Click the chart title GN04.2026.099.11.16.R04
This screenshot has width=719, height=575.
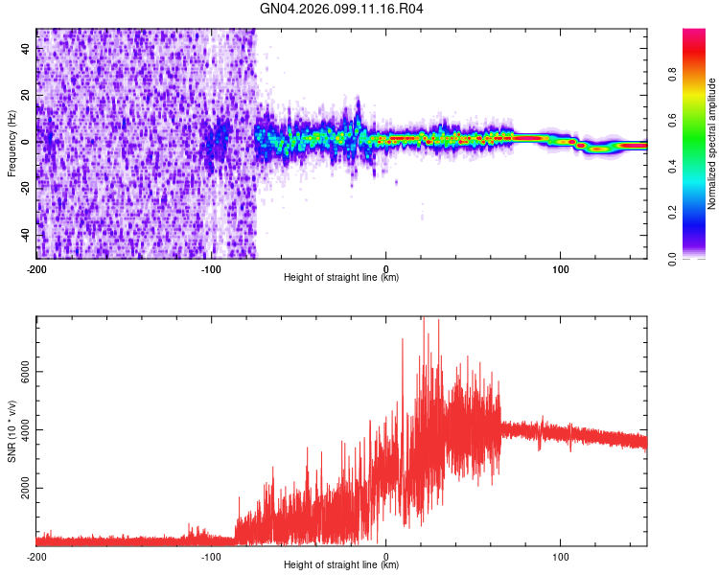[x=341, y=9]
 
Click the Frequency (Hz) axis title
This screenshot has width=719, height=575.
[x=12, y=145]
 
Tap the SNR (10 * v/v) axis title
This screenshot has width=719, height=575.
[x=12, y=430]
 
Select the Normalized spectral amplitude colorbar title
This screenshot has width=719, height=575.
[x=712, y=145]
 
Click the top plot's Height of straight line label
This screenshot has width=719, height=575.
[x=341, y=277]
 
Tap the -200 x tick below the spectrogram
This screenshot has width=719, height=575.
[x=36, y=267]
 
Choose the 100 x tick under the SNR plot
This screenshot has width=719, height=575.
[x=560, y=555]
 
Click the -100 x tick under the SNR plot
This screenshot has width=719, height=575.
[x=211, y=555]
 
